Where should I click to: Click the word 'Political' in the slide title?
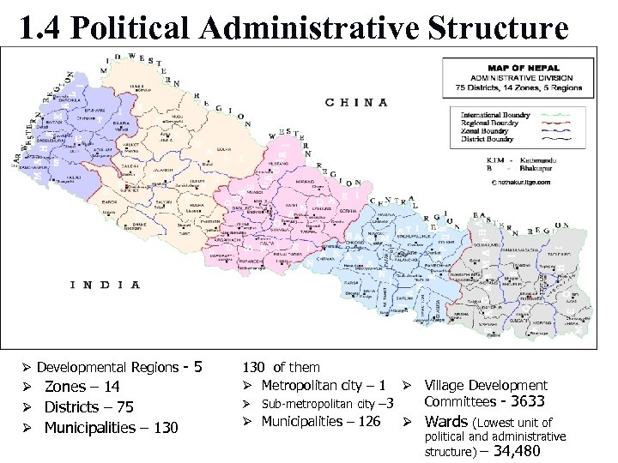(x=137, y=28)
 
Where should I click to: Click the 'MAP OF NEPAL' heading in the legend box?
(x=524, y=68)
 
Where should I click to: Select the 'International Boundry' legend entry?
(x=495, y=115)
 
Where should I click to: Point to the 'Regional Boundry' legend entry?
(x=490, y=123)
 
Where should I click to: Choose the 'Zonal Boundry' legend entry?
(x=486, y=130)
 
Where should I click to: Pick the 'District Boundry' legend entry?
(x=488, y=138)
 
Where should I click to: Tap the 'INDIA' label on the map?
(x=106, y=285)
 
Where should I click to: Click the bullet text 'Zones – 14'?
(x=82, y=387)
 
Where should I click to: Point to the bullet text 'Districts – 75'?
(x=88, y=407)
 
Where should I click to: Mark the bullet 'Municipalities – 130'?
(x=111, y=428)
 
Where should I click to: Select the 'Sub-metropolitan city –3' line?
(x=327, y=404)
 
